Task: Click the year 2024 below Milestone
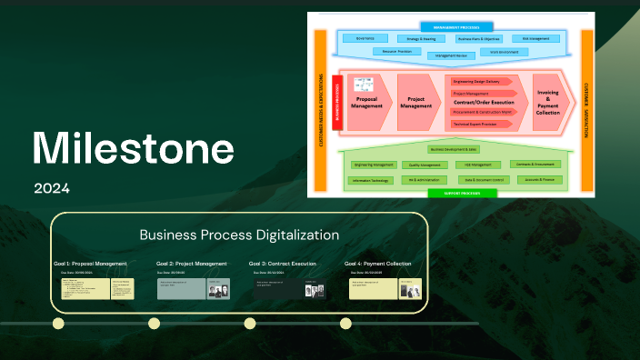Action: (52, 189)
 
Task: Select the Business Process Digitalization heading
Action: (239, 235)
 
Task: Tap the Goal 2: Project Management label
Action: (192, 264)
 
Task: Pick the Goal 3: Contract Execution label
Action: (283, 264)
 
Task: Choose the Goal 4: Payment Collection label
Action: (378, 264)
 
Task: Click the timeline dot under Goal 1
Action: (58, 323)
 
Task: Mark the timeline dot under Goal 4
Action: (345, 323)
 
